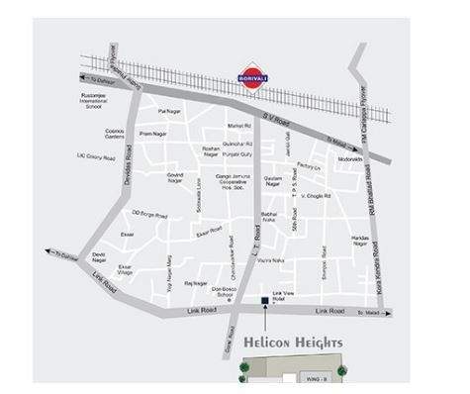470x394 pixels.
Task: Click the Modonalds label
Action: click(x=350, y=159)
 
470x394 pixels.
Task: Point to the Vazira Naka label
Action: click(x=271, y=260)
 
